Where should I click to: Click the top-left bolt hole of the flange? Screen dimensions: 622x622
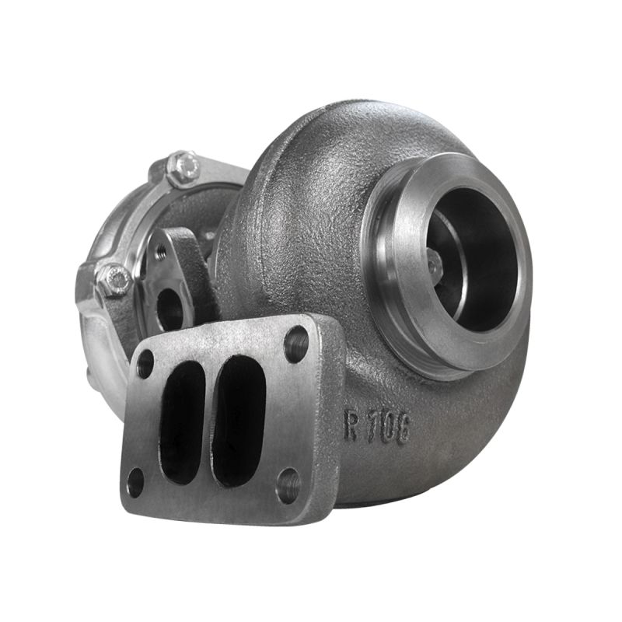click(145, 364)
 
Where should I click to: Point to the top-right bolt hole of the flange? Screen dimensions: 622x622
click(295, 343)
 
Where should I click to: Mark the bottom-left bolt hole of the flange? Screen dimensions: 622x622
click(135, 482)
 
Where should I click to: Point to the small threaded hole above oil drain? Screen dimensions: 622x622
click(161, 252)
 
